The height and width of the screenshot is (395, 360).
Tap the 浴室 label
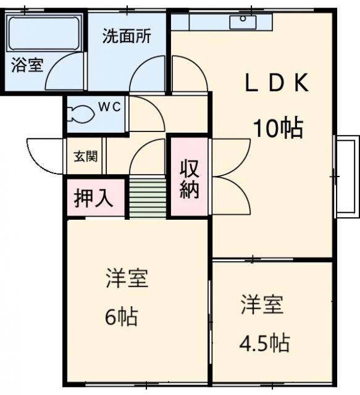[27, 65]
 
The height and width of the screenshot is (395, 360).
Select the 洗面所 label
[127, 35]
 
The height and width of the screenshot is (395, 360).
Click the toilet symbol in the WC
[83, 113]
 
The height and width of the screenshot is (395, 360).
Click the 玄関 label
[85, 156]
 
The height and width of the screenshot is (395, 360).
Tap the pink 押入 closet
[94, 198]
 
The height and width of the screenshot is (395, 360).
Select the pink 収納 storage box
[189, 178]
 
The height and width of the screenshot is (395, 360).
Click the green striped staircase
[148, 197]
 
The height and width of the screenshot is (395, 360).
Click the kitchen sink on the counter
[243, 22]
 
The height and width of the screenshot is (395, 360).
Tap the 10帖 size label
[277, 128]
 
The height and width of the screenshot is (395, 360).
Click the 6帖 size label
[120, 318]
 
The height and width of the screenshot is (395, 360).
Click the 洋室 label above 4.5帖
[262, 304]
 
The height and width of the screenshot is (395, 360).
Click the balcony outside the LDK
[346, 177]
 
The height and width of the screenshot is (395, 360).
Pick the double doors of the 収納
[230, 176]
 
